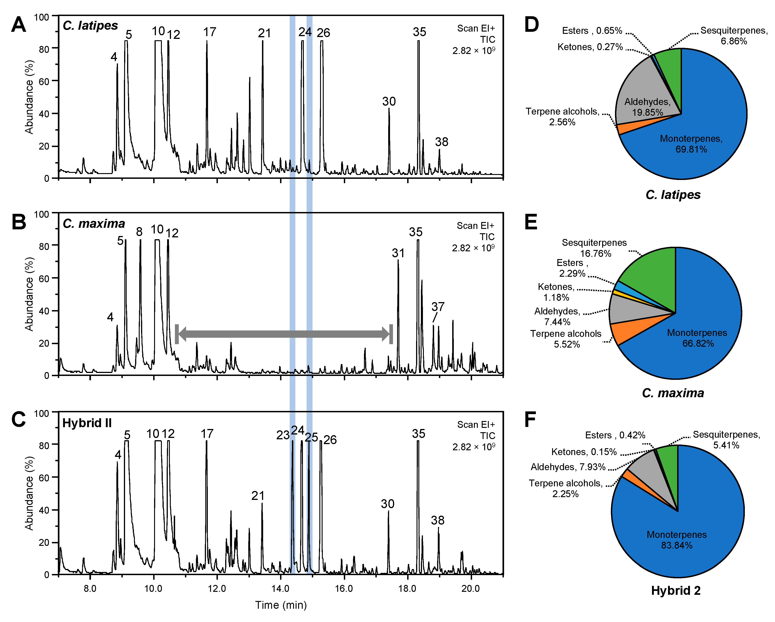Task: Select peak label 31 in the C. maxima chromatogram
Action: [398, 253]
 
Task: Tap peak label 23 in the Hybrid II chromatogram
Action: [283, 435]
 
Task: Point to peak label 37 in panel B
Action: [438, 307]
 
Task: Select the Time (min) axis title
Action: [281, 605]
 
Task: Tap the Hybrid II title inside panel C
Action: [87, 423]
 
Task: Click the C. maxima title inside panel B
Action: [94, 224]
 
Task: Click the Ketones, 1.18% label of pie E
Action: [556, 292]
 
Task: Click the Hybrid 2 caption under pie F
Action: [676, 590]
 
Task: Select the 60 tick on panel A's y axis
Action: [44, 82]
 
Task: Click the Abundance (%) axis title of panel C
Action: [29, 493]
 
